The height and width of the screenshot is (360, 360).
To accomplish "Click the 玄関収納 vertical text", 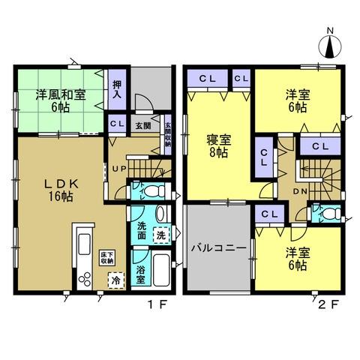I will click(167, 133).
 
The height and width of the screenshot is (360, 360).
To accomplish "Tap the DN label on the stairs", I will click(299, 192).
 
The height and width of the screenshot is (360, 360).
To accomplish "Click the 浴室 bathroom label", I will click(140, 274).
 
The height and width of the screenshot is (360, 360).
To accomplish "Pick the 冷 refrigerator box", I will click(115, 280).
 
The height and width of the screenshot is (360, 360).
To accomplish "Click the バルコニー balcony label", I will click(218, 247).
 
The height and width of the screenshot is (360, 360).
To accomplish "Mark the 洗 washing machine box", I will click(162, 235).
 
